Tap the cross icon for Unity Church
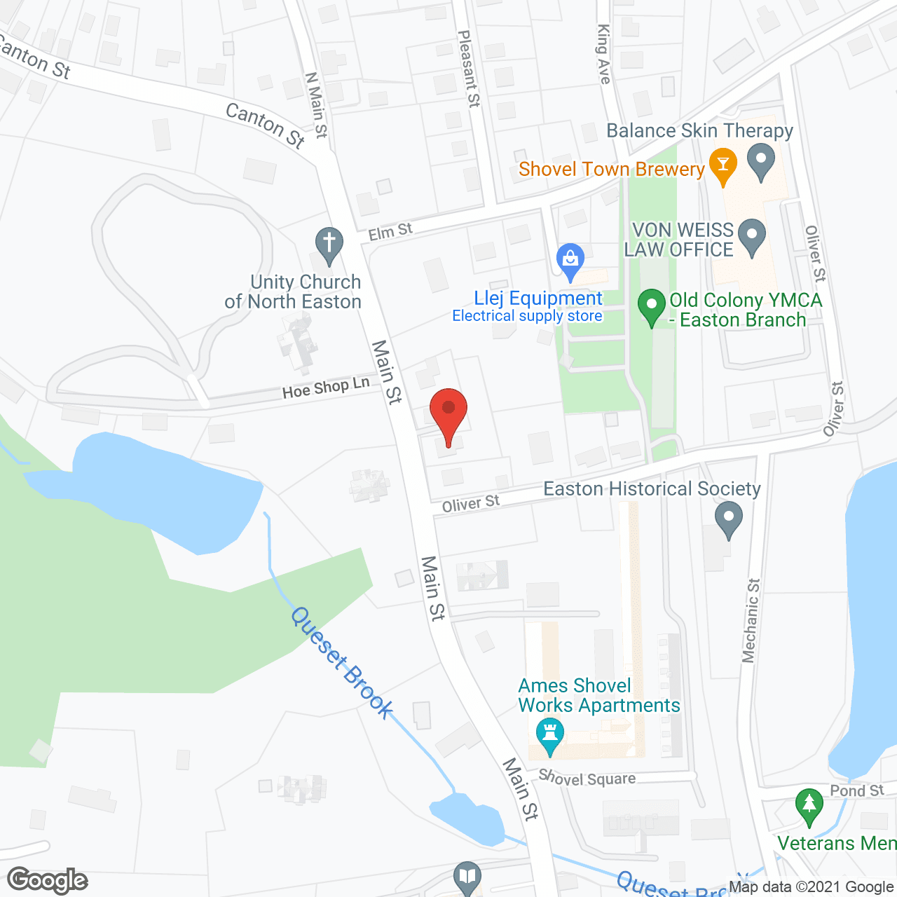329,244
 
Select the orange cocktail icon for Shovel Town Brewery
723,165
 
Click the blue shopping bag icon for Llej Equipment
570,260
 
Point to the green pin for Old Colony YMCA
652,306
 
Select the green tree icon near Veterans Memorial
809,805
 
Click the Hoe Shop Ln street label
326,387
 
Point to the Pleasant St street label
469,68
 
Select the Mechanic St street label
751,620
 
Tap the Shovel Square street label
587,779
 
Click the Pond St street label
856,790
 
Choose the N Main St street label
316,105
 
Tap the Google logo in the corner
48,880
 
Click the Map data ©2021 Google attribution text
811,887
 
